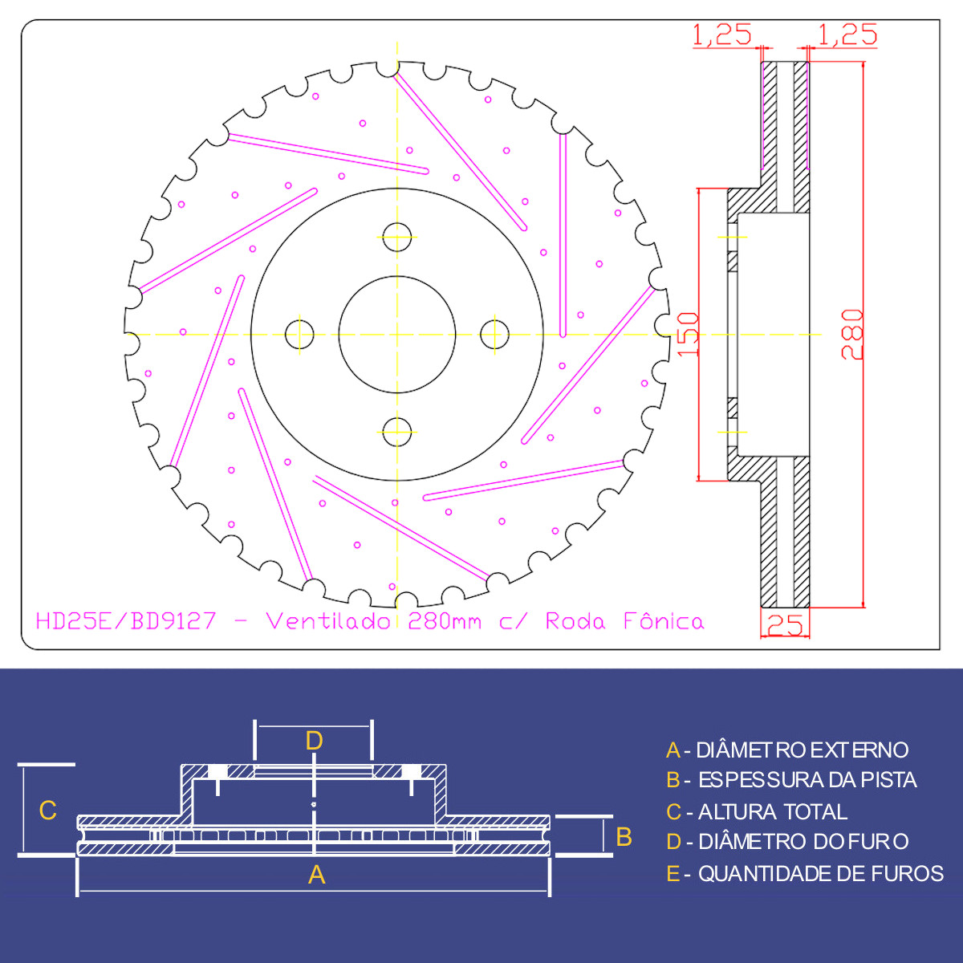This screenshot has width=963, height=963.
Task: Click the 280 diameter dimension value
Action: [x=852, y=335]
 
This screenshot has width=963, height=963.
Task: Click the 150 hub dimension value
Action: [x=688, y=335]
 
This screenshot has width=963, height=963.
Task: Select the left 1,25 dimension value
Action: [x=721, y=35]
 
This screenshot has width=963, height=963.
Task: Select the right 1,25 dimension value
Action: [x=847, y=35]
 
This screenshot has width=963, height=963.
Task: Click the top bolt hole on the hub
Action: [x=396, y=237]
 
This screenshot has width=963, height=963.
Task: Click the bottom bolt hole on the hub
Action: [x=396, y=432]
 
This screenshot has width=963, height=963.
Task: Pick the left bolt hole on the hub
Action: [x=299, y=335]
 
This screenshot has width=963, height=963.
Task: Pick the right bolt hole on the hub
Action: [x=494, y=335]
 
